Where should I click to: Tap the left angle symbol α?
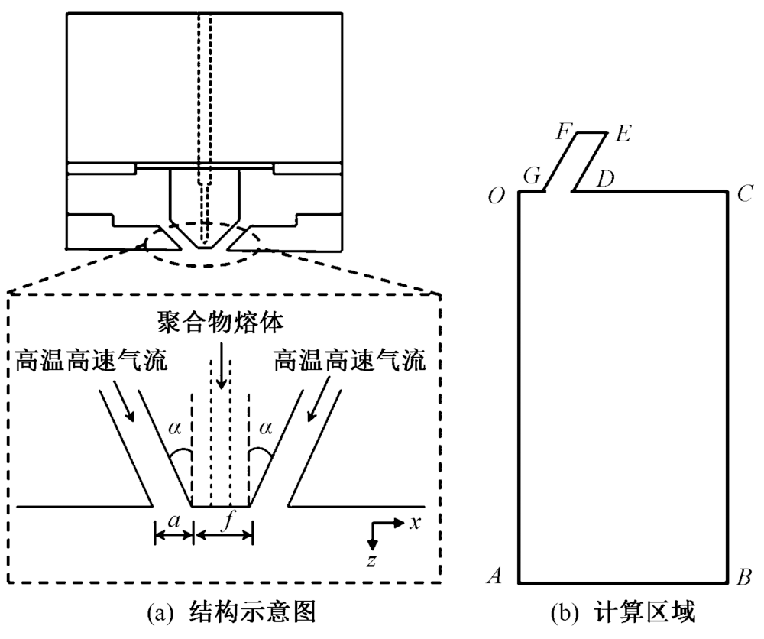point(175,433)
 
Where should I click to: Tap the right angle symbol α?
point(266,433)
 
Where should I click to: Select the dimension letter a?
point(174,521)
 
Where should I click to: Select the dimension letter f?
point(227,521)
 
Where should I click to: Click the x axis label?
point(415,522)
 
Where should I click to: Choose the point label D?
point(605,180)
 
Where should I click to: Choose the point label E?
point(621,135)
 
